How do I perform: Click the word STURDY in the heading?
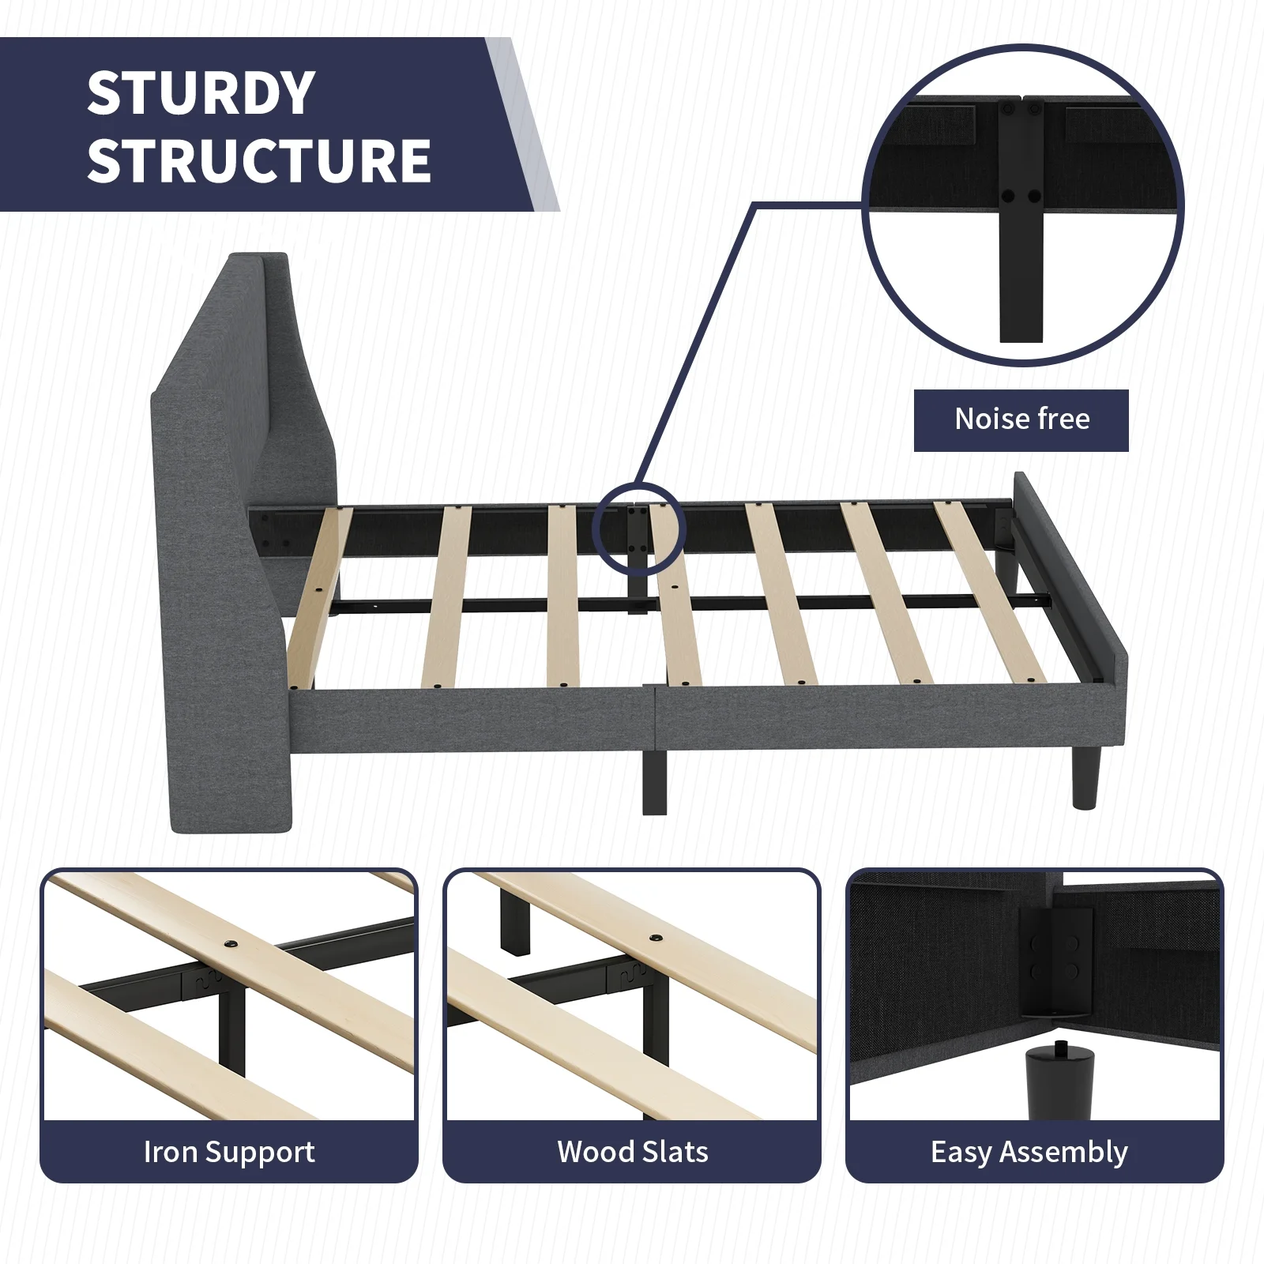tap(201, 93)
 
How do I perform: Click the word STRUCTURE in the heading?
tap(259, 161)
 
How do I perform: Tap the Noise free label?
tap(1021, 419)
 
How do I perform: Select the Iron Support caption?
tap(229, 1153)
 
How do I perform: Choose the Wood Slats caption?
tap(633, 1152)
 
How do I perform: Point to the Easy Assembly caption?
tap(1029, 1153)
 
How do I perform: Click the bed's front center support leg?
tap(654, 782)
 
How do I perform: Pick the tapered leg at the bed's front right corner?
tap(1086, 778)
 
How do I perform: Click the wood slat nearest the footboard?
tap(991, 591)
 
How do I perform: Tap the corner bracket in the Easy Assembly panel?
tap(1056, 960)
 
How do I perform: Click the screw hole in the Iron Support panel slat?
tap(231, 945)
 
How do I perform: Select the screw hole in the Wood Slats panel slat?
tap(656, 938)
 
